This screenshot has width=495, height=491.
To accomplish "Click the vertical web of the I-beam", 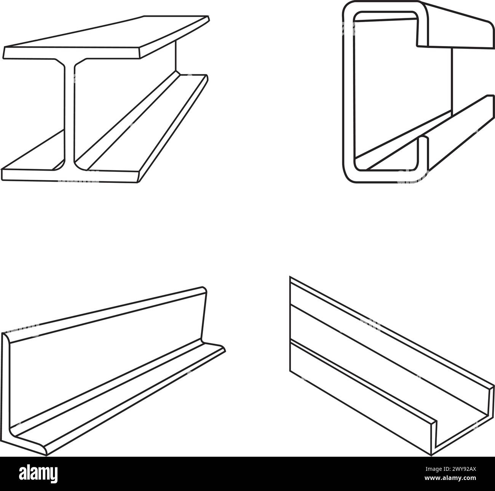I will coord(69,114).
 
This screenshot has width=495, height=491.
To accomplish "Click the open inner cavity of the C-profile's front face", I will coord(385,95).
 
